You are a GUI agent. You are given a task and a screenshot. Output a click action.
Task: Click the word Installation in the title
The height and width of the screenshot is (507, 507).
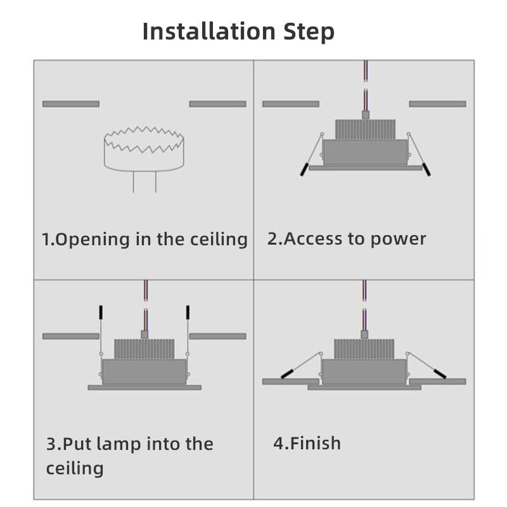208,31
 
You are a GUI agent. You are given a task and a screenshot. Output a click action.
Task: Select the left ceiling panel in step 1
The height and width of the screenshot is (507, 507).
70,104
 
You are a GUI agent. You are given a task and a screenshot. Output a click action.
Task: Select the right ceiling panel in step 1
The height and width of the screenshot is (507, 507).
217,104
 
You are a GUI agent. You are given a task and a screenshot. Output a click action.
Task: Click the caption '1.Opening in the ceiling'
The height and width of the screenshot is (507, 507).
144,240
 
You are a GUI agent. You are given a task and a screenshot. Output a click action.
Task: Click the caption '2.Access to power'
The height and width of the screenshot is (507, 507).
347,239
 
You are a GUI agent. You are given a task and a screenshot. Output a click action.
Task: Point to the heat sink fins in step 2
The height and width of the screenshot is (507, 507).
365,129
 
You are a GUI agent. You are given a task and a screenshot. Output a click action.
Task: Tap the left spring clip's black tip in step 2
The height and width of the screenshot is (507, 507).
305,170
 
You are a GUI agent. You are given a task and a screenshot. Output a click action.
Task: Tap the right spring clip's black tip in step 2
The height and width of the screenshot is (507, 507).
426,170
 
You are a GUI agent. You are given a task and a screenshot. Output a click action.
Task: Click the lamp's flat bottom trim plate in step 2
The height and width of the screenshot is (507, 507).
365,168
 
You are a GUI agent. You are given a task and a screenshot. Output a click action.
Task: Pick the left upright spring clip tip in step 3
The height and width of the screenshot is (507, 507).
100,312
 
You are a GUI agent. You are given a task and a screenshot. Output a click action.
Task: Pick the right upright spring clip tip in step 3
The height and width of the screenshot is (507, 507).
188,312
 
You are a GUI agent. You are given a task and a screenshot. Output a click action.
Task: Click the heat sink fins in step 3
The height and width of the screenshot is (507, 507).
144,349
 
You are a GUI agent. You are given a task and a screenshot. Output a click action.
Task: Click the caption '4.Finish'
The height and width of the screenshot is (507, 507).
307,443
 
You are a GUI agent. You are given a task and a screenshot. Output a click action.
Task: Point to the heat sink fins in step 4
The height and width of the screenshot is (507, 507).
364,349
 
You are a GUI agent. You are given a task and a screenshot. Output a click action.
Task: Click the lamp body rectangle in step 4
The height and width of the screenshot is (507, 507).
364,371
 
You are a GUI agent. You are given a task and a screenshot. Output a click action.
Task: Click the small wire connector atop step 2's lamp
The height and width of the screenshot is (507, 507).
365,115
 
